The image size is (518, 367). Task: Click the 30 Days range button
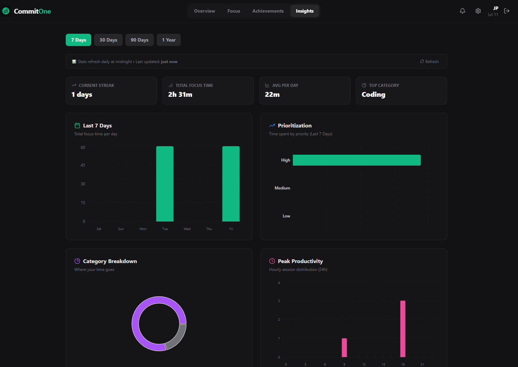coord(108,40)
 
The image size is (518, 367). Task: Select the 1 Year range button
coord(169,40)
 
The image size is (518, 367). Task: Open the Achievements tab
coord(268,11)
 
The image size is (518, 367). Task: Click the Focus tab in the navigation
coord(234,11)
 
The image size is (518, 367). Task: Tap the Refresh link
coord(429,62)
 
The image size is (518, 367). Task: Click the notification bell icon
coord(462,11)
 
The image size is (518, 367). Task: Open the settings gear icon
coord(478,11)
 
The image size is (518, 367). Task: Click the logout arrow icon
coord(507,11)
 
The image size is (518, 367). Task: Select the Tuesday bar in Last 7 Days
coord(165,184)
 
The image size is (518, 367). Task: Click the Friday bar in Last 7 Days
coord(231,184)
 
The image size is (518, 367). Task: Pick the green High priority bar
coord(357,160)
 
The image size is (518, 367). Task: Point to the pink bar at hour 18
coord(403,329)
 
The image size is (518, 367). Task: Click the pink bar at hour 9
coord(344,348)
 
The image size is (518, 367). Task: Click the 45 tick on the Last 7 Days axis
coord(83,165)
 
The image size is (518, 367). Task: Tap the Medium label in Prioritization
coord(282,188)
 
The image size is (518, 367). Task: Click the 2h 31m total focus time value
coord(180,95)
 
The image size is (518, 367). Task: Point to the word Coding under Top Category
coord(373,95)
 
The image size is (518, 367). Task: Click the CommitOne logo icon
coord(6,11)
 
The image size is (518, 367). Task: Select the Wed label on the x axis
coord(187,229)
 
